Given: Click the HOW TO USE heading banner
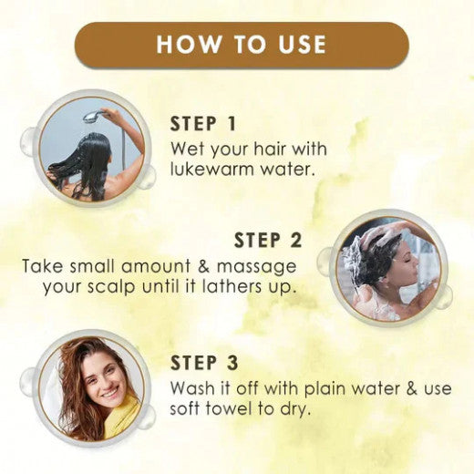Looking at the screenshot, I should point(241,45).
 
